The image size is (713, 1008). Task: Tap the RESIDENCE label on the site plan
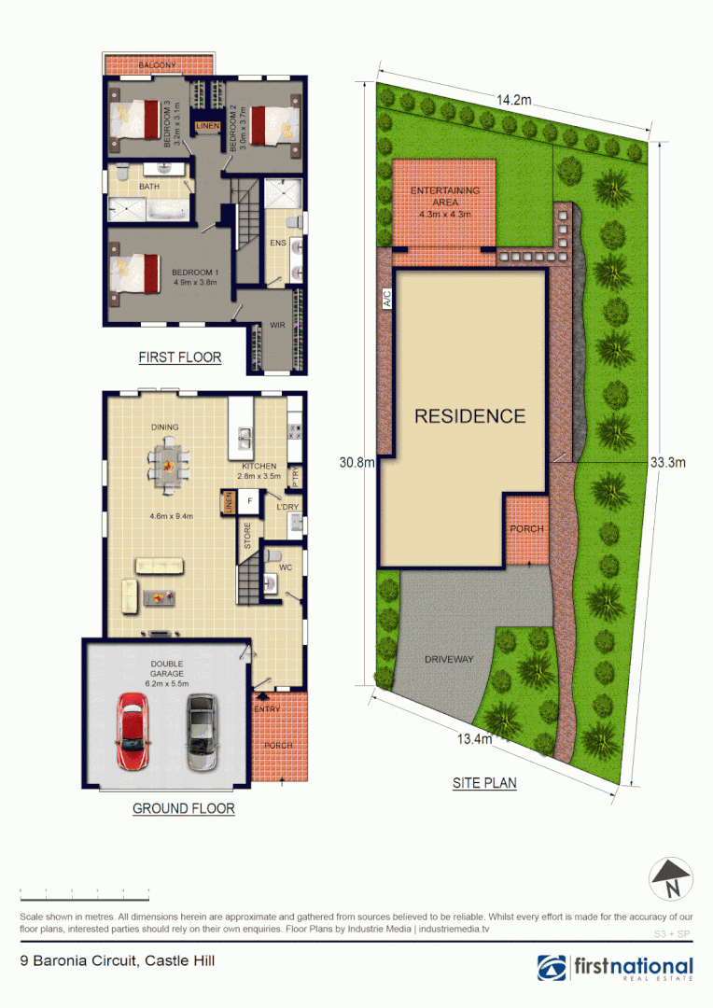469,416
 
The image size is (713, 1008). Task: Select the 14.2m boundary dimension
513,100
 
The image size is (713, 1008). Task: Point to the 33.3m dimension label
667,462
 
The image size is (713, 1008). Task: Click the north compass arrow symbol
671,877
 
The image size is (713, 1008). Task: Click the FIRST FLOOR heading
179,357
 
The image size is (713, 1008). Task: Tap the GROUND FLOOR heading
183,808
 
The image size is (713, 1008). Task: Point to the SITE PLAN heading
484,783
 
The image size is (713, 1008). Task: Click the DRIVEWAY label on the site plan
449,659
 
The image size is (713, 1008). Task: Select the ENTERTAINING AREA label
445,195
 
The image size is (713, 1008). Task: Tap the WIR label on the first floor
277,325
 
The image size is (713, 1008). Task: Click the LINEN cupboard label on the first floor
206,126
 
